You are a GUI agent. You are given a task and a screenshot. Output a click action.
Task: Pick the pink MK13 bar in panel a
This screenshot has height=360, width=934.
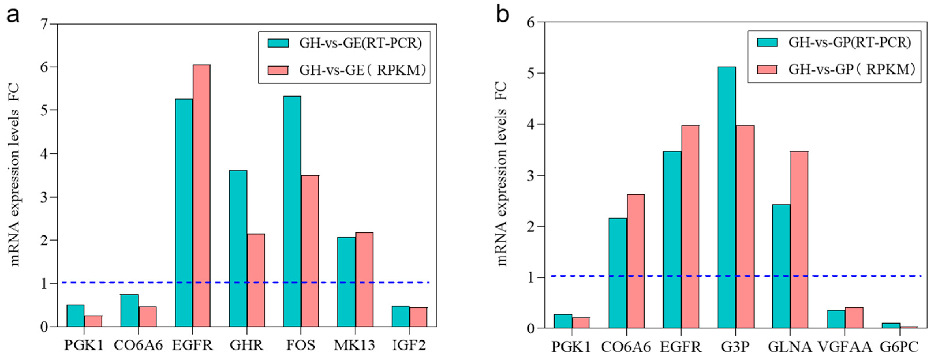pyautogui.click(x=364, y=280)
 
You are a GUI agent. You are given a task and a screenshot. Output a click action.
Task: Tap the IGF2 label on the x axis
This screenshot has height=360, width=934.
pyautogui.click(x=409, y=345)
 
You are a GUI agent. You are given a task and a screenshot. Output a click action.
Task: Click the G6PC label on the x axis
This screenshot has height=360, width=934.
pyautogui.click(x=899, y=347)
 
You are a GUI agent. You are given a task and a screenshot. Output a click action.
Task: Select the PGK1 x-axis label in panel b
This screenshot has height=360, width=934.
pyautogui.click(x=571, y=347)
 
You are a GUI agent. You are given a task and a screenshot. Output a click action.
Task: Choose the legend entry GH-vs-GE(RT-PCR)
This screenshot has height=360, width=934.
pyautogui.click(x=360, y=44)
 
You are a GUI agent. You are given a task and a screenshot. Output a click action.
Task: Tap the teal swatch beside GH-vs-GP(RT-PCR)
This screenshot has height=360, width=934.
pyautogui.click(x=767, y=43)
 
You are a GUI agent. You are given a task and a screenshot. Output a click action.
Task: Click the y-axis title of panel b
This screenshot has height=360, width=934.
pyautogui.click(x=502, y=174)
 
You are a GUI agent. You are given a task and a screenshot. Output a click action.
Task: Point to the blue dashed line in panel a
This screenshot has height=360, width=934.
pyautogui.click(x=109, y=282)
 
